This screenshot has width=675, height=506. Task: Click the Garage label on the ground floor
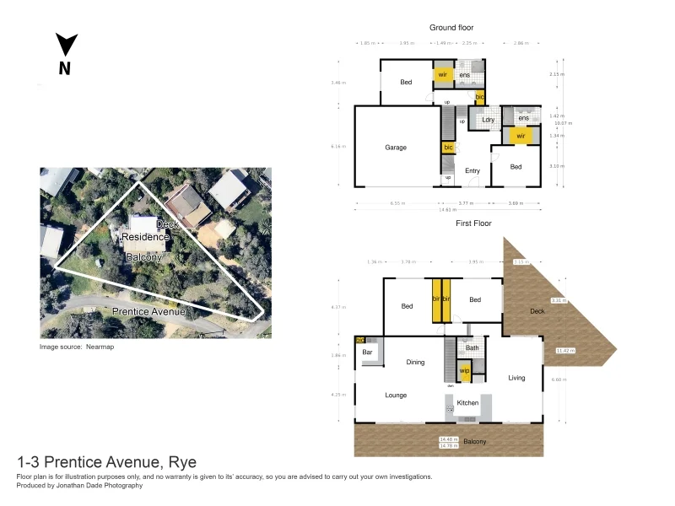(x=396, y=148)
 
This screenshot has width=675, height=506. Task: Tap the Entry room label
(x=472, y=171)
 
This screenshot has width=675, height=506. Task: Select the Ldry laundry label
(x=488, y=120)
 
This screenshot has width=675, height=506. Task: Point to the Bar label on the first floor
(x=368, y=351)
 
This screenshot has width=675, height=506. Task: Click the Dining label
(x=415, y=363)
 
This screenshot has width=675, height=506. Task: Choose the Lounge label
(x=396, y=395)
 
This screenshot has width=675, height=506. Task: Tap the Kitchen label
(x=467, y=403)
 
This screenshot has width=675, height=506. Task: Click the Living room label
(x=516, y=378)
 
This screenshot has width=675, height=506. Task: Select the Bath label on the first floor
(x=472, y=347)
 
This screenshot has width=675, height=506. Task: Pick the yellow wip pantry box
(x=464, y=371)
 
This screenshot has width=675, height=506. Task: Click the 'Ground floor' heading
(x=451, y=28)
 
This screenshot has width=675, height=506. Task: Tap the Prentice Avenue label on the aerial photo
(x=148, y=311)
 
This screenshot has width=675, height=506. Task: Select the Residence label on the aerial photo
(x=145, y=238)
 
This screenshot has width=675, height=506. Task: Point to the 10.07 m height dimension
(x=563, y=123)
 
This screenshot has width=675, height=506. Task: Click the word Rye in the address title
(x=182, y=461)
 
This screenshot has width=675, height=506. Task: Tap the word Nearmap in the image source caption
(x=100, y=347)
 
